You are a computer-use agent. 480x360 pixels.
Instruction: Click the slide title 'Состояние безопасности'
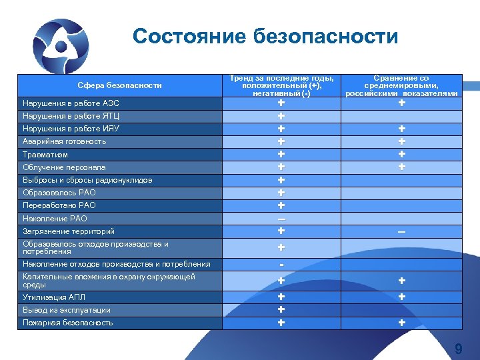pos(265,35)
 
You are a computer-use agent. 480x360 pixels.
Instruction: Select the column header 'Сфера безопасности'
pos(119,85)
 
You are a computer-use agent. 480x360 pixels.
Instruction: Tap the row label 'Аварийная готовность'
pos(64,141)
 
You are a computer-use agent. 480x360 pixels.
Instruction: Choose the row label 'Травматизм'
pos(45,155)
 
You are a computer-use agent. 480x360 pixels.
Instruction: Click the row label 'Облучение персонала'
pos(64,167)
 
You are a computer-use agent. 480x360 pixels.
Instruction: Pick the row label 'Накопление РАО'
pos(55,218)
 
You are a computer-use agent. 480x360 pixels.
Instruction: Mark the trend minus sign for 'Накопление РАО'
pos(281,219)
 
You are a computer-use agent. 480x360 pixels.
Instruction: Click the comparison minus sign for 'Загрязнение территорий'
pos(401,231)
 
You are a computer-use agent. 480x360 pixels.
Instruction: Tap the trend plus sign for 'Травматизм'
pos(281,154)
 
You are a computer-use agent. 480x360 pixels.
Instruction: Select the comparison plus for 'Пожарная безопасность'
pos(401,323)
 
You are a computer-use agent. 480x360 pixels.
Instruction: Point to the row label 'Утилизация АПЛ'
pos(54,297)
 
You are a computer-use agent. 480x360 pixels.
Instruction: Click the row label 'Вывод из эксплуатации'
pos(67,310)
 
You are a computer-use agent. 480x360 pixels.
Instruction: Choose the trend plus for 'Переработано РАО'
pos(281,205)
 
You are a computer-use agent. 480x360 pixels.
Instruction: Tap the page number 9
pos(458,349)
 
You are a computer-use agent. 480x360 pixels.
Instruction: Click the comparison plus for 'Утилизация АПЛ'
pos(401,297)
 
